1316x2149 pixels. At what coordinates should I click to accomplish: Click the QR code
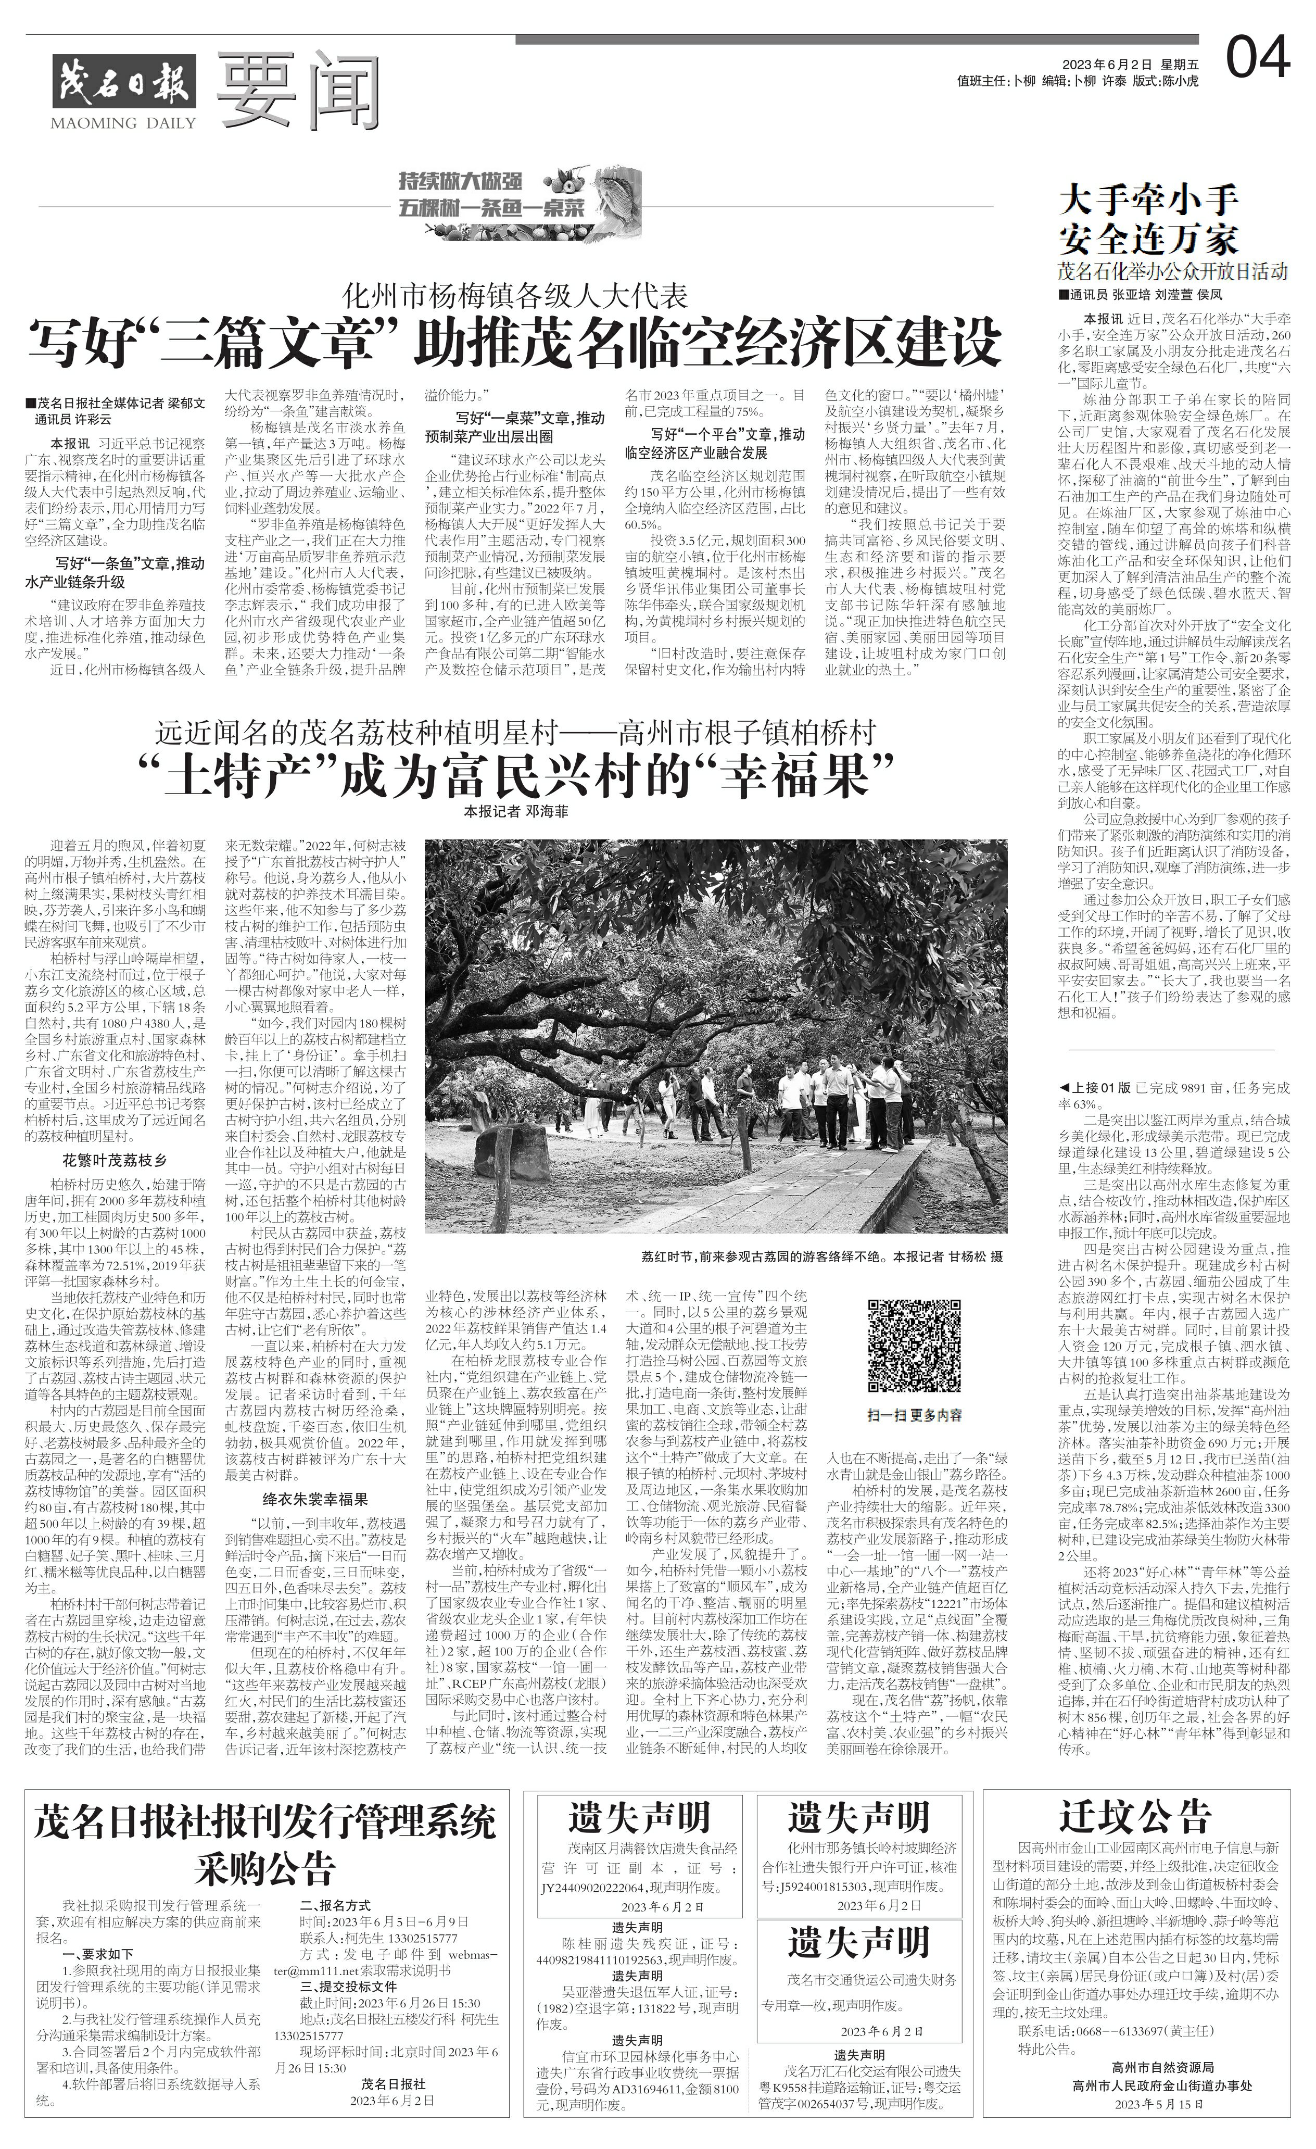pos(914,1345)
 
